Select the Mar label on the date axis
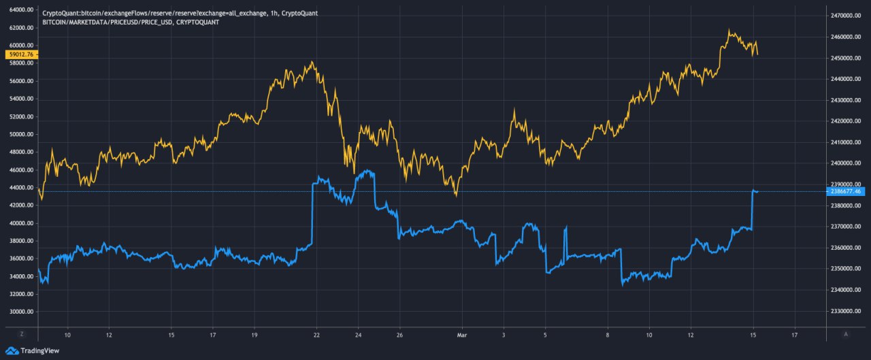click(462, 336)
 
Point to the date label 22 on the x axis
click(316, 336)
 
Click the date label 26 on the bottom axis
click(399, 336)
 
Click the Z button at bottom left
click(22, 335)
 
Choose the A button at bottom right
click(846, 335)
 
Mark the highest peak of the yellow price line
click(729, 30)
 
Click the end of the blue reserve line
click(758, 192)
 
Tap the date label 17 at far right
click(795, 336)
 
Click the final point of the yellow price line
click(758, 54)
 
